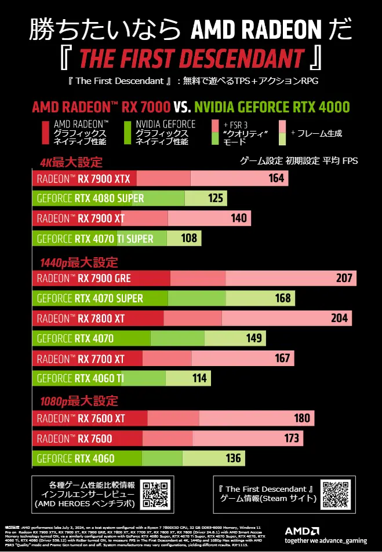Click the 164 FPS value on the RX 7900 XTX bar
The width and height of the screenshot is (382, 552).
[276, 178]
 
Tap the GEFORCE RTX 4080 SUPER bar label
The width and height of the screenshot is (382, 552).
[90, 199]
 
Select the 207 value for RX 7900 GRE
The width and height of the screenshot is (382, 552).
[344, 278]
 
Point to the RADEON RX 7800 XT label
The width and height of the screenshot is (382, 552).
[80, 318]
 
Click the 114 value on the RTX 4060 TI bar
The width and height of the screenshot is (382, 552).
[199, 378]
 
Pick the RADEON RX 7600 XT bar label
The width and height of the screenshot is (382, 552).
[81, 418]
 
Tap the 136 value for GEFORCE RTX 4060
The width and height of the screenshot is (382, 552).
[233, 459]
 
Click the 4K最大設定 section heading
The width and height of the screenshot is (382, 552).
[71, 162]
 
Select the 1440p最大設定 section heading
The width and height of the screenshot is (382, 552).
[78, 262]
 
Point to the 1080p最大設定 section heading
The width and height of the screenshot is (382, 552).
[78, 401]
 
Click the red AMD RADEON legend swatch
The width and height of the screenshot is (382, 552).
[46, 133]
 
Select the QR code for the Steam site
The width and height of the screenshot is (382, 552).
[336, 494]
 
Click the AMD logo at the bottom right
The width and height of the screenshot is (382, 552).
[302, 530]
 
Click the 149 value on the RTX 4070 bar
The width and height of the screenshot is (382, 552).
[254, 338]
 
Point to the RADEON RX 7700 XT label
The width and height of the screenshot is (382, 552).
[80, 359]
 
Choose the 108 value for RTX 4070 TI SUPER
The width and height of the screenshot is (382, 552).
[189, 238]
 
